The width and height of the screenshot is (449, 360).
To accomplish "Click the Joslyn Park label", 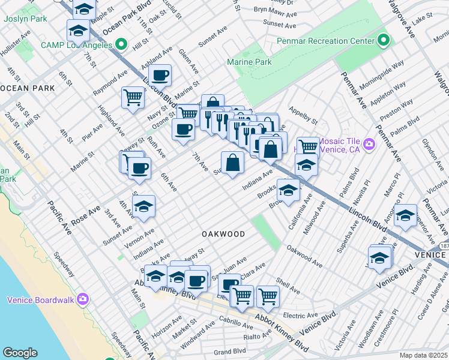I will coord(25,19).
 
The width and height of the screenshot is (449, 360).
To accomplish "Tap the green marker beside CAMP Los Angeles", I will coord(121,44).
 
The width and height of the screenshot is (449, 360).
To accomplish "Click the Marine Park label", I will coord(249,62).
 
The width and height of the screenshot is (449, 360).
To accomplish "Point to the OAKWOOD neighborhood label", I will coord(223,233).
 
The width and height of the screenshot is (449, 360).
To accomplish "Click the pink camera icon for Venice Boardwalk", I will coord(83,299).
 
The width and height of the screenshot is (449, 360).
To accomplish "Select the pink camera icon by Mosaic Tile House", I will coord(369,144).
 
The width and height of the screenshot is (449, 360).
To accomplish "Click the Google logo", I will coord(20,352).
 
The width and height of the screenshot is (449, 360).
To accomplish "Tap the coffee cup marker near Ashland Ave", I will coord(160,76).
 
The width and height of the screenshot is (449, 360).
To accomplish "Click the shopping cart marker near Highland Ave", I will coord(133,97).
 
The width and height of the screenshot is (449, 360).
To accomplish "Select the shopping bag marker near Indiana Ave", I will coord(232,162).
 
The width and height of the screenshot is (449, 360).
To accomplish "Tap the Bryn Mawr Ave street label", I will coord(274,10).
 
